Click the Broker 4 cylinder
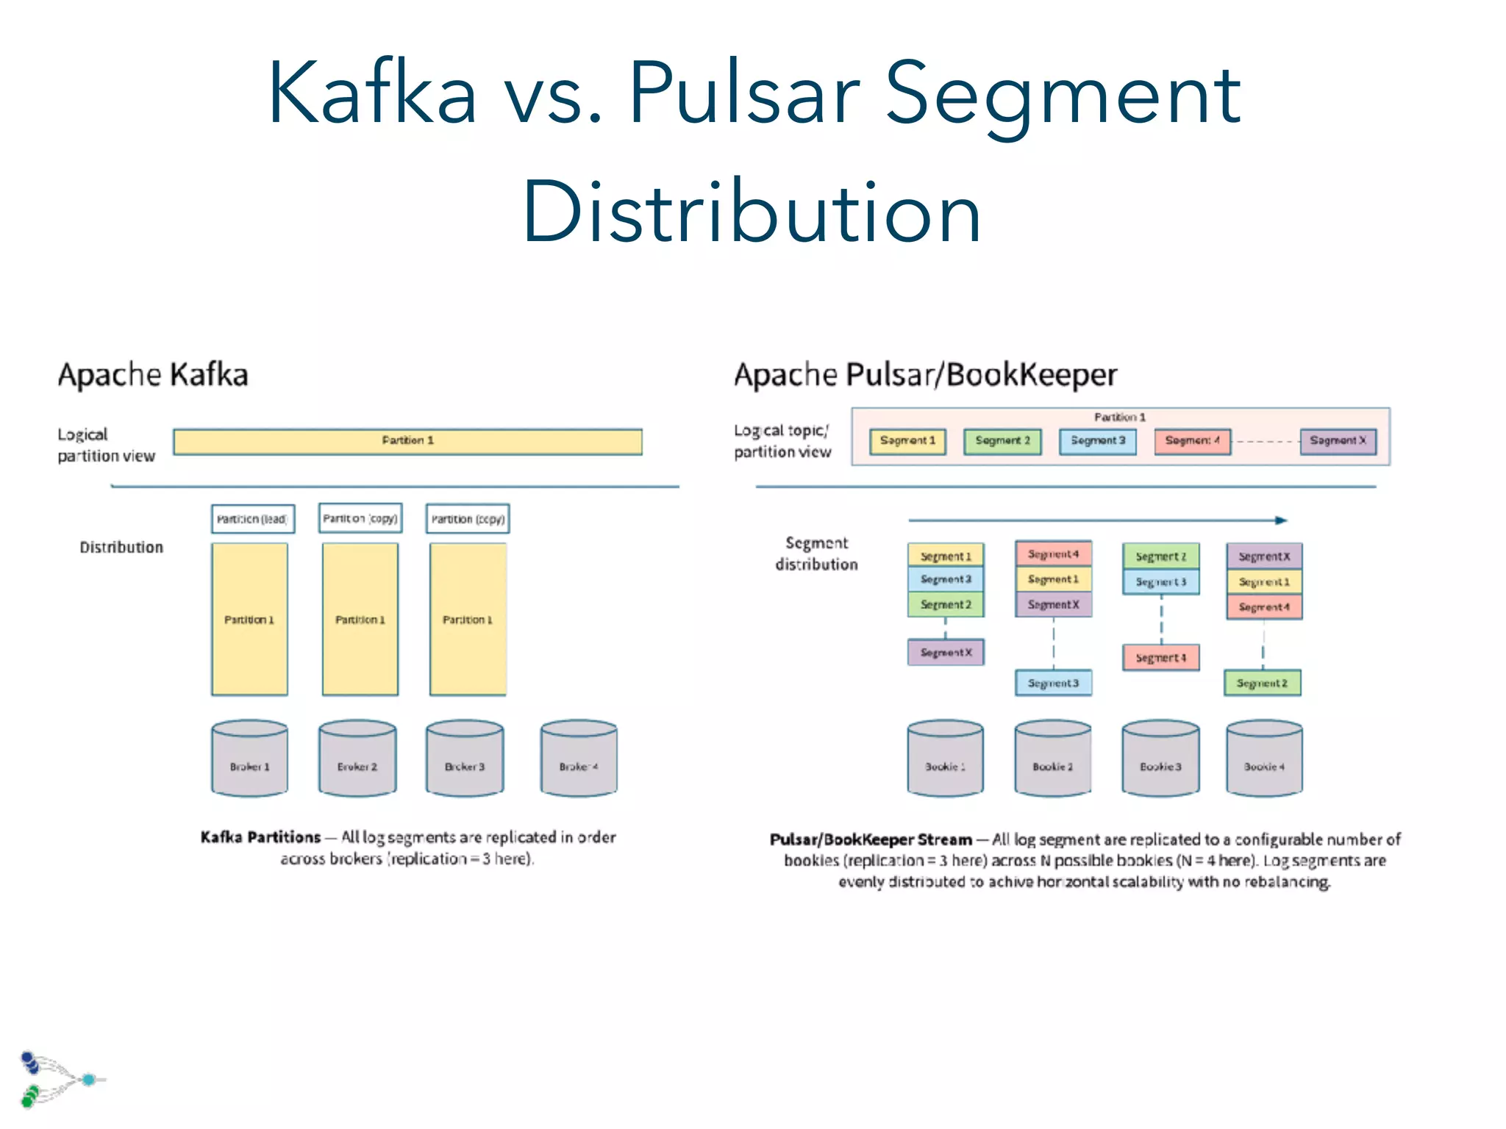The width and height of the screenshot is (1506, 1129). point(579,759)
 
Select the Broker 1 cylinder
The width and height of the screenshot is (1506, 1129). point(249,759)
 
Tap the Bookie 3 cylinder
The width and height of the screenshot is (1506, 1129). point(1160,759)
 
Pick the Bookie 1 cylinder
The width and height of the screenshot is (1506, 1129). point(945,759)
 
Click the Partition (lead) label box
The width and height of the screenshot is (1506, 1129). point(252,519)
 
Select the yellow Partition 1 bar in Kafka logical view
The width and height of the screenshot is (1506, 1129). point(407,441)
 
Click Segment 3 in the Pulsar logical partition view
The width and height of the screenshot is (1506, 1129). point(1097,441)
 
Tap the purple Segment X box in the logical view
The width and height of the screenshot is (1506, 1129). point(1338,441)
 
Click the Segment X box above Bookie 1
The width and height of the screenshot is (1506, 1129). point(946,653)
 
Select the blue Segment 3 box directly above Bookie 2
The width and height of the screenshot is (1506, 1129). point(1053,683)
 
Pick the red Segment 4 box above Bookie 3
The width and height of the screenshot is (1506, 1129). point(1160,658)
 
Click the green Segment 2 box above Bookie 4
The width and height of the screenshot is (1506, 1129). point(1262,683)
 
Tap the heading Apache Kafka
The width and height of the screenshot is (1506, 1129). point(153,375)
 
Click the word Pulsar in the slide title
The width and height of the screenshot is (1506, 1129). point(744,94)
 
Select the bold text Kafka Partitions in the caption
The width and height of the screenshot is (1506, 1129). point(260,837)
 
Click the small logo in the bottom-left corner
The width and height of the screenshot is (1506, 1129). point(59,1079)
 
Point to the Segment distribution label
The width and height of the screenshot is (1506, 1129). point(816,553)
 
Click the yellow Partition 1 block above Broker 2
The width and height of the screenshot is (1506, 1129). point(360,619)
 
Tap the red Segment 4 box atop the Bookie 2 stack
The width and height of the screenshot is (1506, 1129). point(1053,554)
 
